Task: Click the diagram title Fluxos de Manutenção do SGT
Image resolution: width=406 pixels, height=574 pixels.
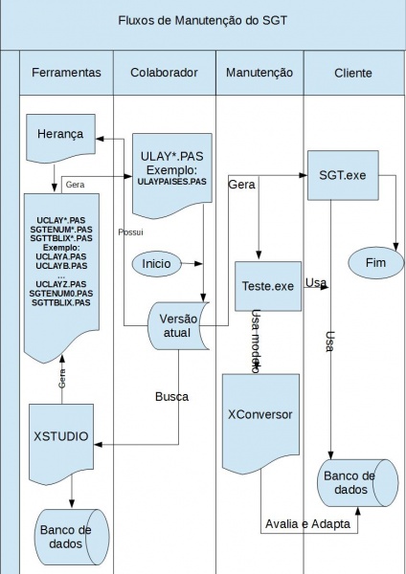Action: (x=203, y=20)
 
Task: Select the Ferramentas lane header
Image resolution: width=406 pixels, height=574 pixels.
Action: (x=66, y=73)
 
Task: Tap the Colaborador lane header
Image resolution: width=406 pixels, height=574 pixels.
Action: (x=164, y=73)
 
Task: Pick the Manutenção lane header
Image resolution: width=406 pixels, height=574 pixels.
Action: (x=259, y=73)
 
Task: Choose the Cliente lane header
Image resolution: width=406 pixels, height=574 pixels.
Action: (x=353, y=73)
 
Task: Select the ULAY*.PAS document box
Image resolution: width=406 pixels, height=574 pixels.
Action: (x=171, y=175)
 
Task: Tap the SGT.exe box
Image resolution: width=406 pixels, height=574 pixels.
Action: (x=343, y=175)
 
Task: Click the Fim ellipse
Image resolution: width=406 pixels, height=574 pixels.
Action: (x=376, y=262)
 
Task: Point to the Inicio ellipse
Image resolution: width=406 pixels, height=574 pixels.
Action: (x=156, y=264)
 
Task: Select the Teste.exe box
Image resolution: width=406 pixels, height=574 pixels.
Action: (x=268, y=286)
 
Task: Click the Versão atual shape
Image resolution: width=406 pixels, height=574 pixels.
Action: (x=178, y=326)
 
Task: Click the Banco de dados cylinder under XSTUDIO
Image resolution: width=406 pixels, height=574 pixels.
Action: (x=72, y=537)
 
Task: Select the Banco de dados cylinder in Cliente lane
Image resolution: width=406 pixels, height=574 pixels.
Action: (x=357, y=483)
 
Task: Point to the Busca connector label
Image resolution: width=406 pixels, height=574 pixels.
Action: (x=171, y=397)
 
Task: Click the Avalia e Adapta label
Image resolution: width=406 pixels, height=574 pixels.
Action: (x=307, y=524)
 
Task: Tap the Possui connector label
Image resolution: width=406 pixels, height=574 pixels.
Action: (x=130, y=232)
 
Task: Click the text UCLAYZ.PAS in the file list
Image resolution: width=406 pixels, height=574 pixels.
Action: (x=61, y=284)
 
